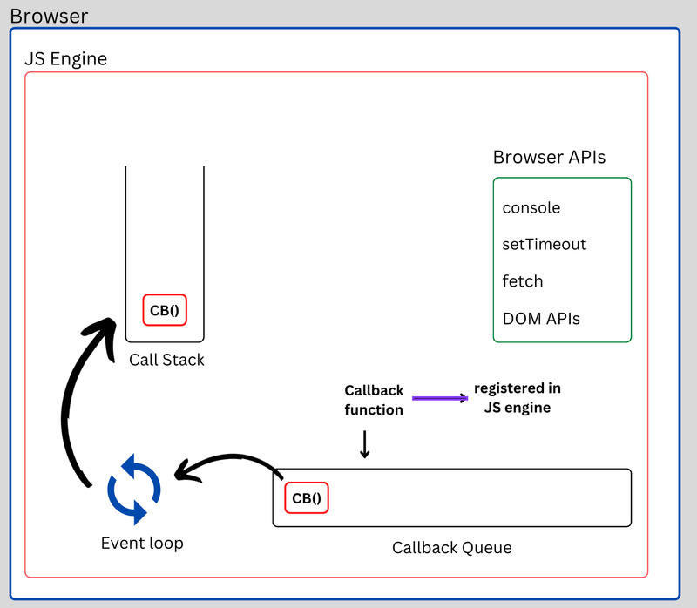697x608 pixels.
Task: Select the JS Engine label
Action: coord(65,60)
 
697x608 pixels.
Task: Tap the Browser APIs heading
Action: coord(549,158)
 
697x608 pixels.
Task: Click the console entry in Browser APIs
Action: coord(531,208)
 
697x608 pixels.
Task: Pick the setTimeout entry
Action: coord(545,245)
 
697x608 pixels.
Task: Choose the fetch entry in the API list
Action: coord(523,281)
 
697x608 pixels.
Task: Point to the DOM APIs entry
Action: coord(541,319)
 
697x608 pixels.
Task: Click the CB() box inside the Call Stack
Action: coord(165,310)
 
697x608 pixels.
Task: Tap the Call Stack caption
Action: coord(166,360)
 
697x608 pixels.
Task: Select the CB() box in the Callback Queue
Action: coord(306,499)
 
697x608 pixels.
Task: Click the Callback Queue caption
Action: coord(451,548)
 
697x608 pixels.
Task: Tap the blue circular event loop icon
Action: coord(134,489)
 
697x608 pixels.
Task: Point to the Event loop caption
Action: coord(142,544)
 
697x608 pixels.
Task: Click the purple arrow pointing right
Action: coord(440,398)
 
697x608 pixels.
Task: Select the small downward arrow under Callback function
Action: coord(365,444)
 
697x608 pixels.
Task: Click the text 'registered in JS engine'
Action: coord(518,397)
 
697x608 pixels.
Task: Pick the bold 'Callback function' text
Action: coord(374,401)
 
